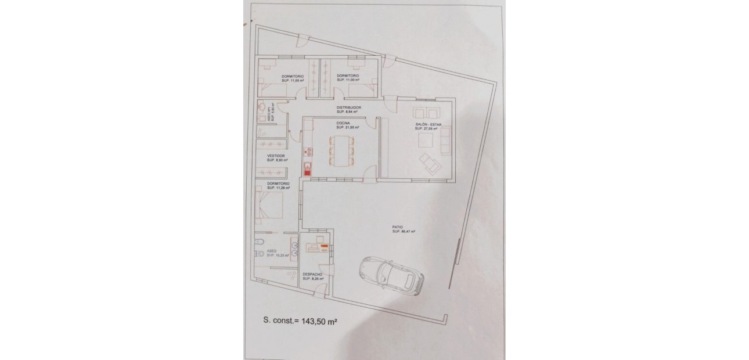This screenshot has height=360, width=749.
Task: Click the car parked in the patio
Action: tap(390, 275)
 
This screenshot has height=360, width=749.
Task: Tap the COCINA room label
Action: tap(342, 123)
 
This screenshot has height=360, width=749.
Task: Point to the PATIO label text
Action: tap(397, 228)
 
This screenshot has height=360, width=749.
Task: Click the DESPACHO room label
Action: tap(312, 275)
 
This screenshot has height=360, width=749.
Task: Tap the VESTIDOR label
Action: tap(275, 156)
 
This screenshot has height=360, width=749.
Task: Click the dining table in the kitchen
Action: tap(340, 150)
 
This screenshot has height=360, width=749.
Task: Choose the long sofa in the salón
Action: tap(445, 141)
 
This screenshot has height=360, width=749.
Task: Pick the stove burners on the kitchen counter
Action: tap(307, 153)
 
